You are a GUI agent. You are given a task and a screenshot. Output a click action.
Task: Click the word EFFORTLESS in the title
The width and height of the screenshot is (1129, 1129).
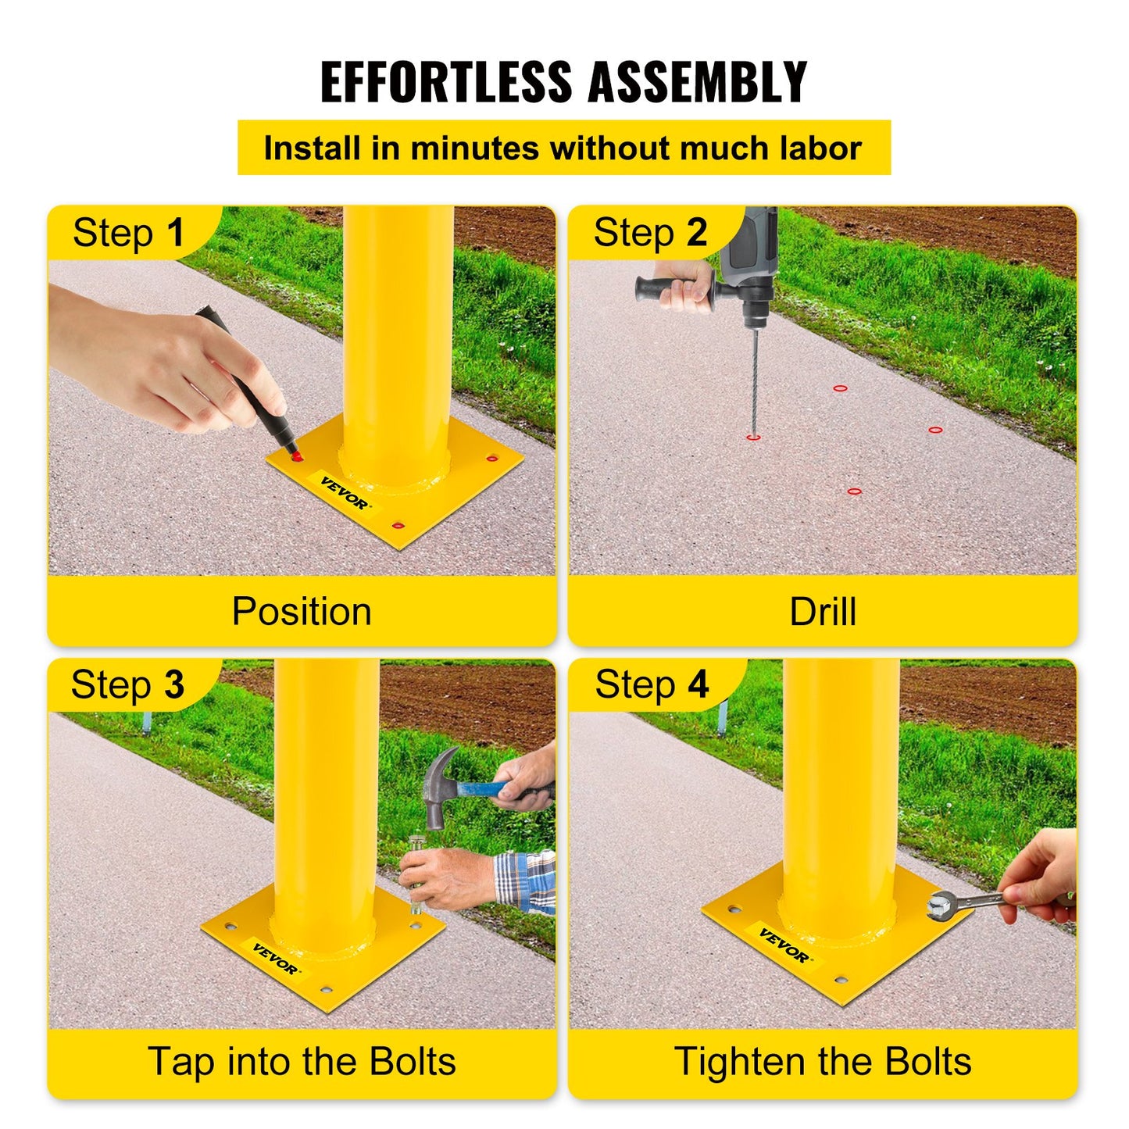click(x=446, y=82)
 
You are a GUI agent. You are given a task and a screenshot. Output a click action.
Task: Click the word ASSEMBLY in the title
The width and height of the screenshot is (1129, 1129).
click(x=697, y=82)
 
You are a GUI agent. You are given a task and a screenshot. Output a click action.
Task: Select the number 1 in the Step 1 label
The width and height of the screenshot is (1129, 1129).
click(x=175, y=233)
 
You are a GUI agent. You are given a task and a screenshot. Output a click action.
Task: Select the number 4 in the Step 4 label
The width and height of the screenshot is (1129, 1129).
click(x=698, y=684)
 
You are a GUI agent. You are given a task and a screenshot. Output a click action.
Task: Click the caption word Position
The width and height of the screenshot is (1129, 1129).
click(x=302, y=611)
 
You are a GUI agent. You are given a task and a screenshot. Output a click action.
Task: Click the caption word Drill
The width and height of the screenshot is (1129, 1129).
click(x=822, y=611)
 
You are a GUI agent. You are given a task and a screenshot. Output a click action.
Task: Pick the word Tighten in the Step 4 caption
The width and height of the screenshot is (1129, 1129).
click(x=741, y=1062)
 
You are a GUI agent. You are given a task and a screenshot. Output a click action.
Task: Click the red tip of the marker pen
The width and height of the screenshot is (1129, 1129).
click(x=296, y=454)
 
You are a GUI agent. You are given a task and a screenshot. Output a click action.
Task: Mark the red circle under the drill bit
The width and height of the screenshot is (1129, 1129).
click(x=752, y=438)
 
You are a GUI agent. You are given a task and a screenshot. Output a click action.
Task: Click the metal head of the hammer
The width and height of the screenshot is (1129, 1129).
click(x=436, y=785)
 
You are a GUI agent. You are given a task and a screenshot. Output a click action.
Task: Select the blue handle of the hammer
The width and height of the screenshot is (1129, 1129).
click(x=481, y=788)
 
